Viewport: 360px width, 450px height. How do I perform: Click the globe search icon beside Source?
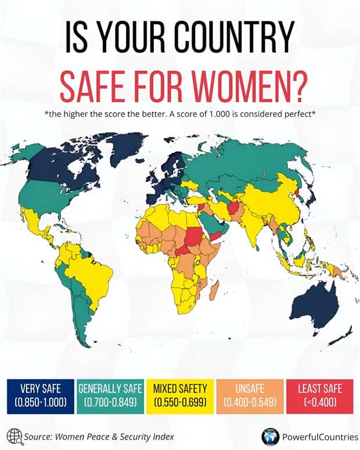tap(15, 435)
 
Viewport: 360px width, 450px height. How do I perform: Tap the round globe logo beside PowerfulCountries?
tap(269, 436)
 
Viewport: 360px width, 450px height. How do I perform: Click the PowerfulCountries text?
tap(314, 436)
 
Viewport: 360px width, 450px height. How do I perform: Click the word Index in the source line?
tap(161, 436)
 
